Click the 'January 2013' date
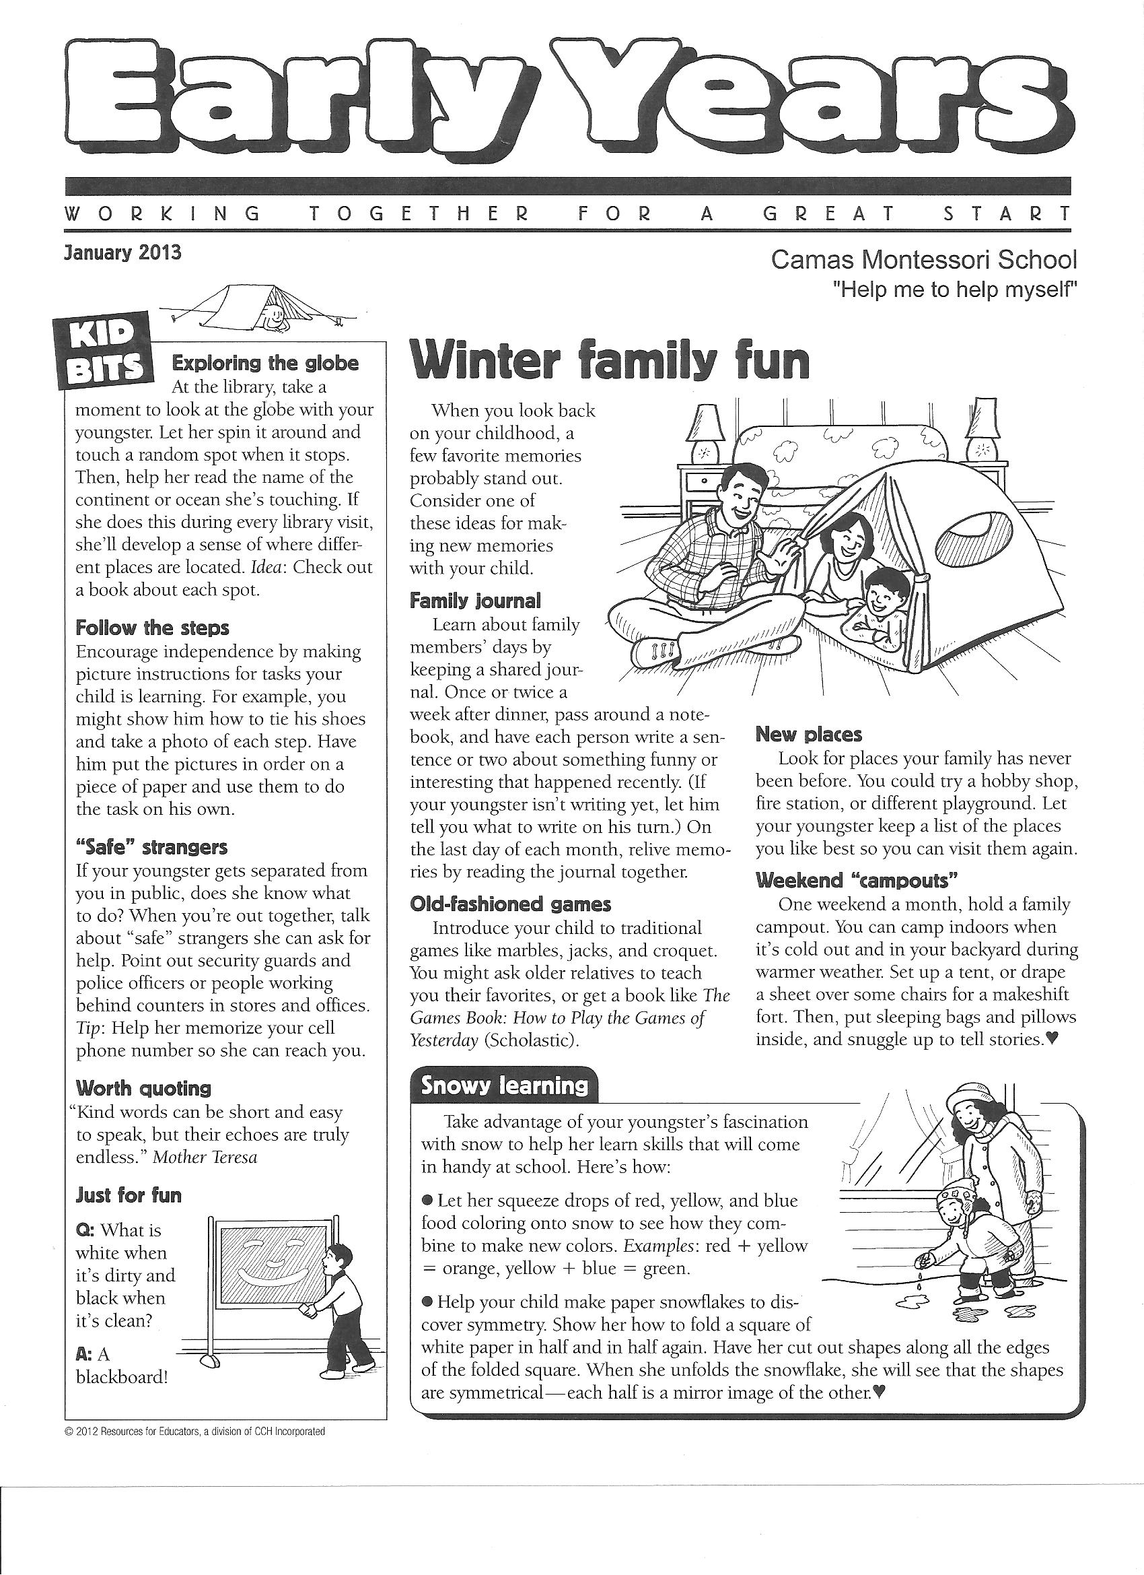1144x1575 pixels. click(122, 252)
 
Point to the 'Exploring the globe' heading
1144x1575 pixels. click(265, 363)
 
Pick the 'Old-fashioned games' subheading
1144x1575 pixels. click(510, 904)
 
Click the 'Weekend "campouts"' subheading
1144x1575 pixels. click(857, 881)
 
